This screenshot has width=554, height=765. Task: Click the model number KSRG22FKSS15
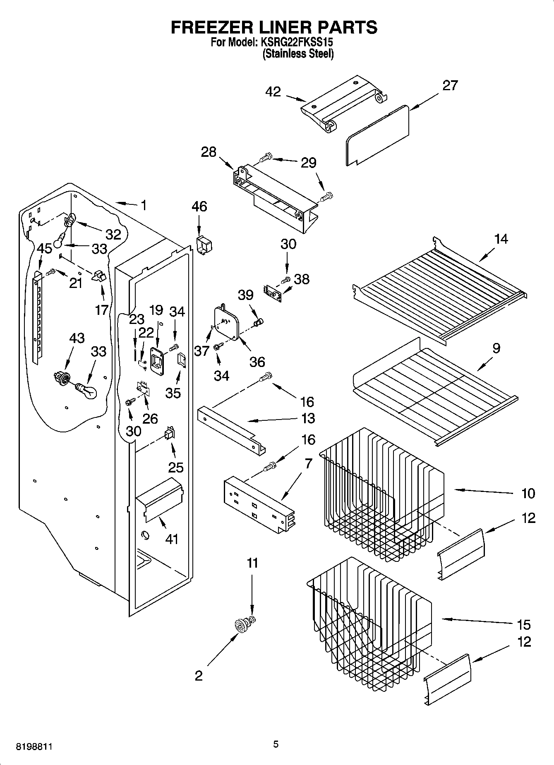click(x=297, y=42)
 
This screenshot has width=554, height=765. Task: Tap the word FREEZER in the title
click(x=209, y=27)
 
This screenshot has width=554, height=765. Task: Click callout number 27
click(x=450, y=85)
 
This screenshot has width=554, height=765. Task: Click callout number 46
click(x=199, y=206)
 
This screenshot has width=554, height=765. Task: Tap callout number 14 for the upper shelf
click(x=501, y=239)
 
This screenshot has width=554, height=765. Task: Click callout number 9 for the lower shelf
click(x=496, y=348)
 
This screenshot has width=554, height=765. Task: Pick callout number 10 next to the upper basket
click(x=528, y=493)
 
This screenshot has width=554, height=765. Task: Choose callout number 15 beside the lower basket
click(x=523, y=624)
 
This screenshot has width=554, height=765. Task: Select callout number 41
click(x=172, y=539)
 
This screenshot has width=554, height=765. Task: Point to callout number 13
click(x=308, y=418)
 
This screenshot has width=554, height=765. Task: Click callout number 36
click(x=257, y=362)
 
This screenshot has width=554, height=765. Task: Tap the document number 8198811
click(x=34, y=747)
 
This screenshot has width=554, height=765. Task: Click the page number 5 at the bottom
click(x=276, y=744)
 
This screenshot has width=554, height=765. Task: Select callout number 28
click(x=209, y=152)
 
